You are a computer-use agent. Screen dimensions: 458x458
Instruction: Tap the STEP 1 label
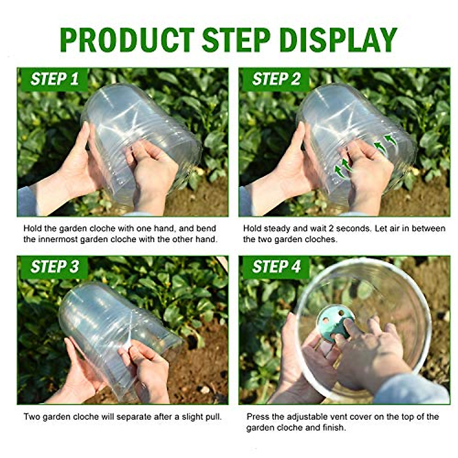[x=55, y=79]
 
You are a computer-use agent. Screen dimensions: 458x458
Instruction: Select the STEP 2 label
[x=276, y=79]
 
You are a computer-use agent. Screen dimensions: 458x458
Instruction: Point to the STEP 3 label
[x=55, y=267]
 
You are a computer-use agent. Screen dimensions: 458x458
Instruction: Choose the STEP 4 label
[x=276, y=267]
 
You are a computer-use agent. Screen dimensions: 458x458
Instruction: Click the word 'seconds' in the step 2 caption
[x=352, y=229]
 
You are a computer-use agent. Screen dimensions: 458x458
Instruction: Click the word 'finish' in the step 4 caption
[x=332, y=427]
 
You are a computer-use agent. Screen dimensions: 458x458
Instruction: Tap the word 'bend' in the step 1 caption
[x=206, y=229]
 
